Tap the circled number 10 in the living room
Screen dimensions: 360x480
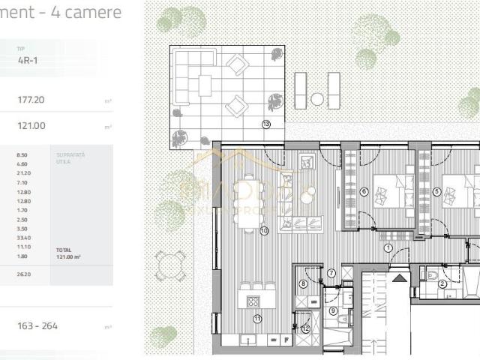tap(264, 231)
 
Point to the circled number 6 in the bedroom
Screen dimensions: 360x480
tap(364, 191)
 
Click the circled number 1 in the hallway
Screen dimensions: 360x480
tap(388, 247)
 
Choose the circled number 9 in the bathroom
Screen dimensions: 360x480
tap(334, 310)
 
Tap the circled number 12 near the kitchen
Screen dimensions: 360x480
tap(305, 328)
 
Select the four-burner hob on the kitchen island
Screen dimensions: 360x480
tap(253, 303)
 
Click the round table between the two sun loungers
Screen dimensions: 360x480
tap(317, 98)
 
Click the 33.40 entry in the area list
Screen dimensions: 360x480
tap(22, 237)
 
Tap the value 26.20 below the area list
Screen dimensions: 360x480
tap(22, 274)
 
